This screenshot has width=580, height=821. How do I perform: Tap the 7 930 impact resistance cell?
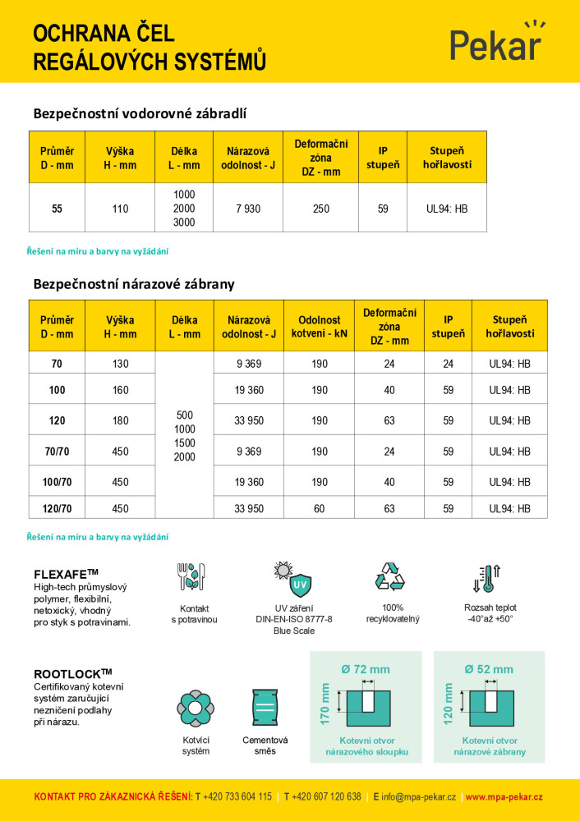click(x=246, y=209)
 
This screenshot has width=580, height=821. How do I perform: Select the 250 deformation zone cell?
click(x=321, y=209)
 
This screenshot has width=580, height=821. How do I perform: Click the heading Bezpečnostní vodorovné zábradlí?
click(x=140, y=113)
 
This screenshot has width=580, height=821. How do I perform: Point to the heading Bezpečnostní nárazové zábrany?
click(x=134, y=284)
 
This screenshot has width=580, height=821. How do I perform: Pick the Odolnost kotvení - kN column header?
click(x=320, y=327)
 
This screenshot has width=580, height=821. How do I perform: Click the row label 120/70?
click(x=58, y=509)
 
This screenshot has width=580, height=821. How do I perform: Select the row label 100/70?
click(x=58, y=482)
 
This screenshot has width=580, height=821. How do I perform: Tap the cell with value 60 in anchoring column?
click(x=320, y=509)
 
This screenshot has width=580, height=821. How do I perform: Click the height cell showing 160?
click(x=121, y=390)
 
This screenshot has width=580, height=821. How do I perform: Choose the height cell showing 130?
click(x=121, y=364)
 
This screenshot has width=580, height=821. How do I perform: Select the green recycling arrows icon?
click(x=390, y=576)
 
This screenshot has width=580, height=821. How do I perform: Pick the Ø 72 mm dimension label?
click(x=366, y=669)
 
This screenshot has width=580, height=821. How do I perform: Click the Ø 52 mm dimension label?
click(x=489, y=669)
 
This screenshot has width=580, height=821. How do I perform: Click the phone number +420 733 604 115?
click(x=237, y=797)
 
